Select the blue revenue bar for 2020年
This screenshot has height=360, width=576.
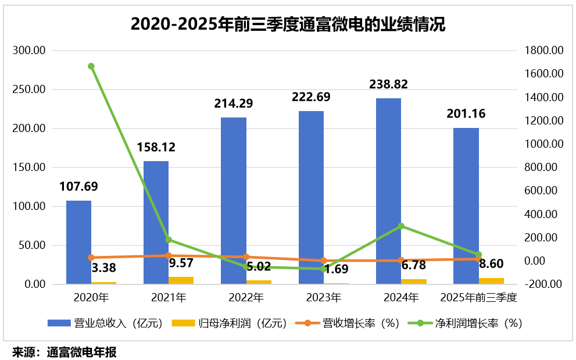click(78, 242)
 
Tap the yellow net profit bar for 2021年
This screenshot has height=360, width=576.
click(181, 280)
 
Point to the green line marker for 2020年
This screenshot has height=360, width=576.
click(91, 66)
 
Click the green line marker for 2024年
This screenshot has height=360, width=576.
click(401, 226)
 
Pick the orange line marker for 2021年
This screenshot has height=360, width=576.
click(169, 255)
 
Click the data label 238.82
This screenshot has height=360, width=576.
click(388, 84)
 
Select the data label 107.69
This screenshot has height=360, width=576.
click(78, 187)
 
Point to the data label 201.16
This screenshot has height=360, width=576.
click(466, 113)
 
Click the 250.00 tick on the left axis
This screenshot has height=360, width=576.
click(30, 90)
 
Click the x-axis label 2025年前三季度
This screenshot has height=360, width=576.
click(479, 298)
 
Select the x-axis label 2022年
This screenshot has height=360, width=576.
click(246, 298)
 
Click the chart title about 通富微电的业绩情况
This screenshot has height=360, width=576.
click(288, 25)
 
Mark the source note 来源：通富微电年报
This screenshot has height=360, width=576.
click(65, 352)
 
